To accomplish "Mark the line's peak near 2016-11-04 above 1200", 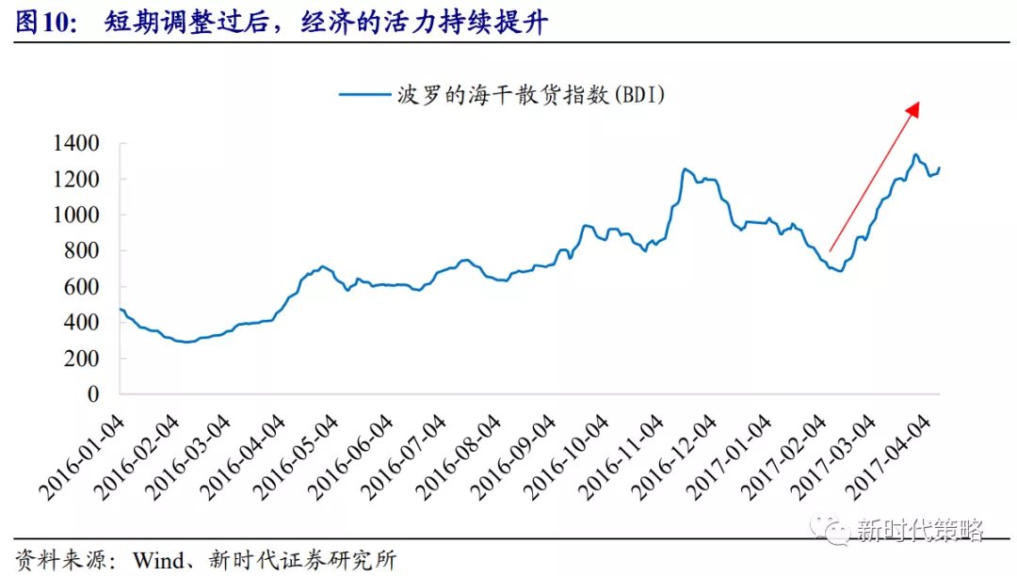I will (x=685, y=169).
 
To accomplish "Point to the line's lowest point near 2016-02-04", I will (x=186, y=342).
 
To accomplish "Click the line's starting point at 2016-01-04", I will (x=121, y=309).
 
